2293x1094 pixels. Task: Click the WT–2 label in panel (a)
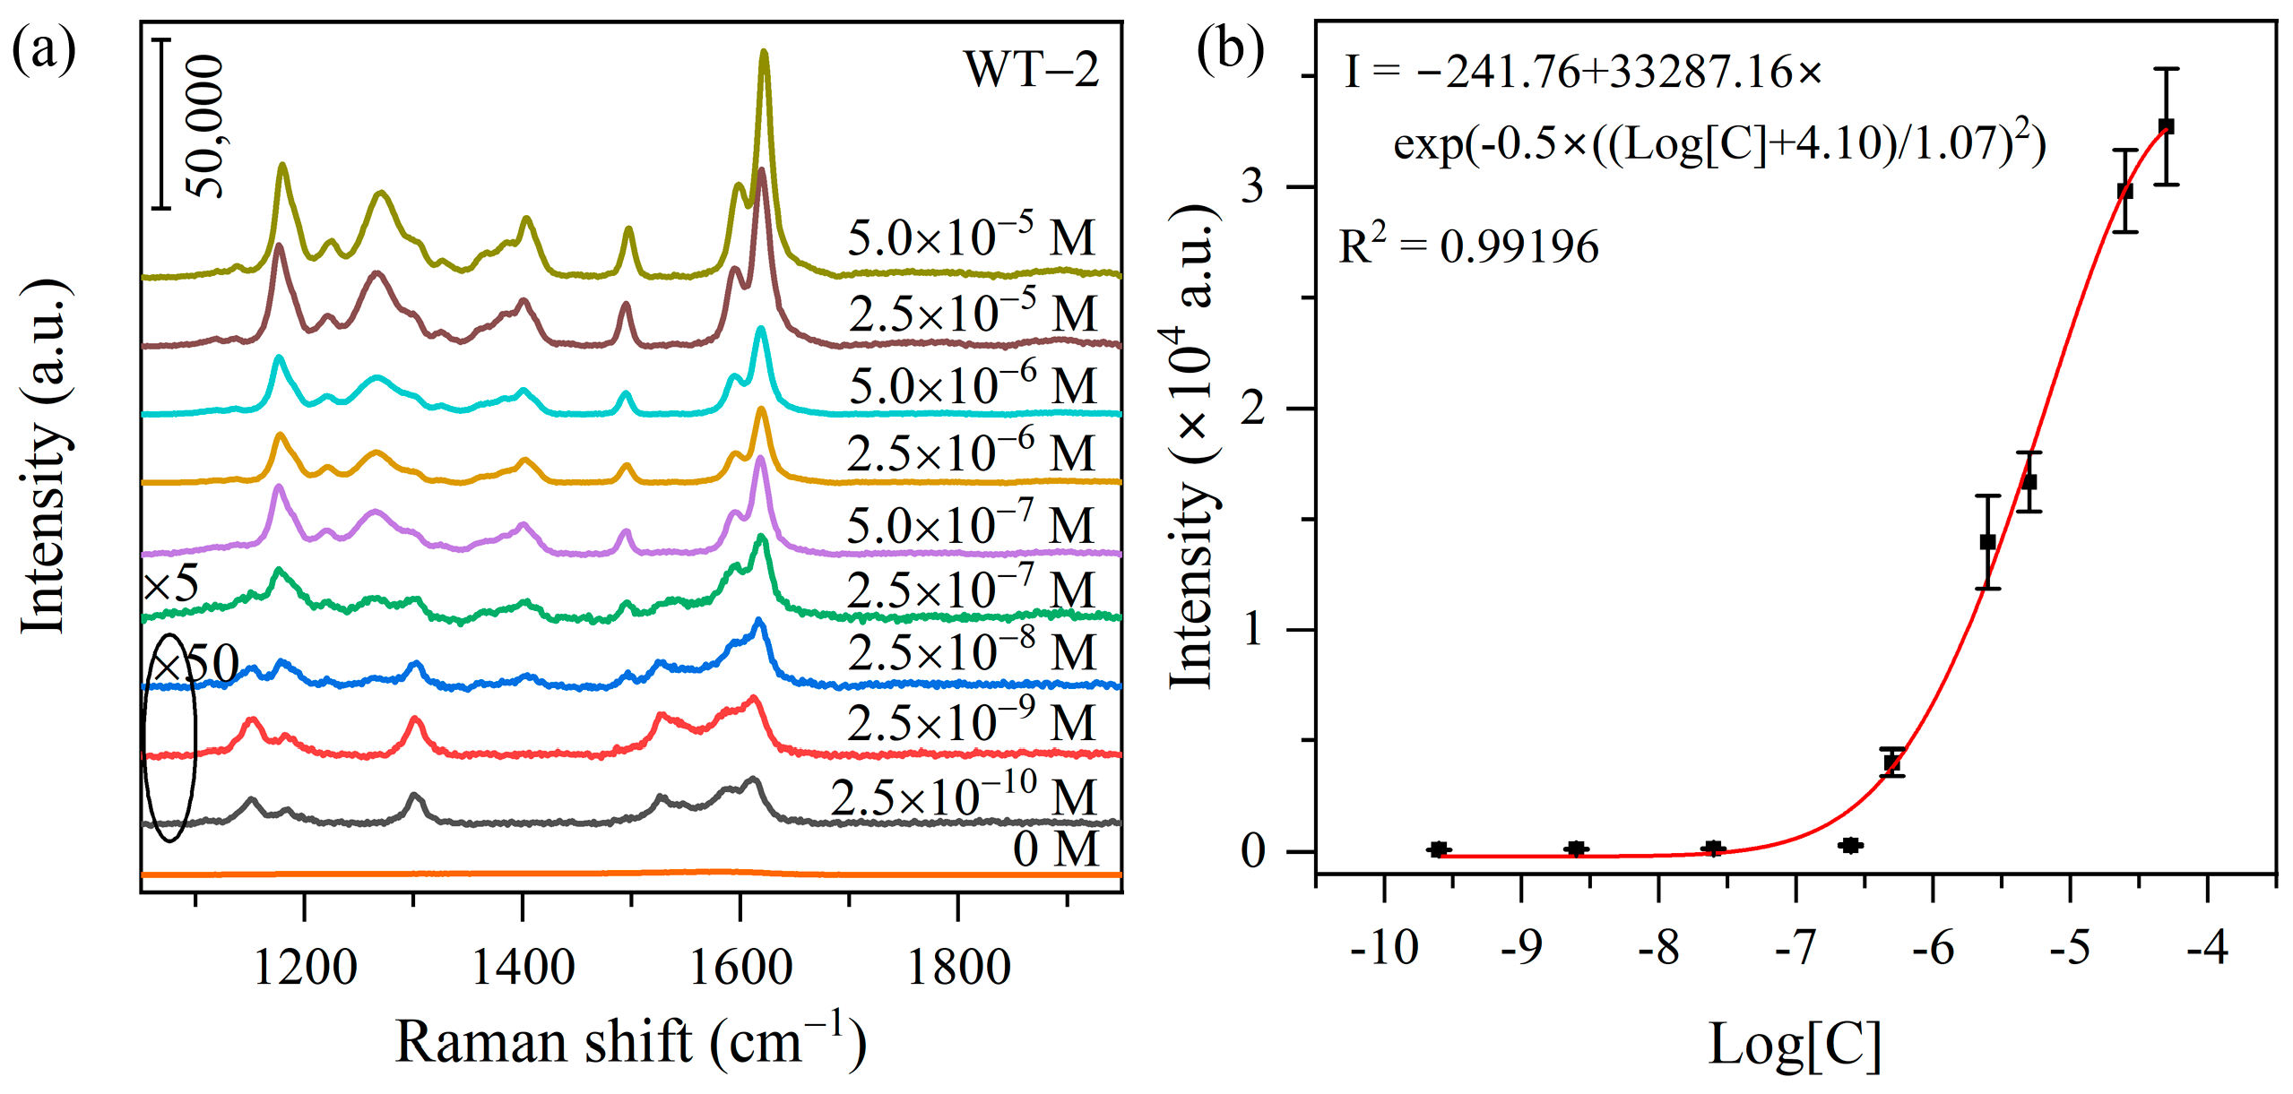(1030, 69)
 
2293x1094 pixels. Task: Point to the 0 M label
(1055, 848)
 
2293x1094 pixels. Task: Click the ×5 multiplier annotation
(171, 584)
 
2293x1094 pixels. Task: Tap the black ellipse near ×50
(169, 737)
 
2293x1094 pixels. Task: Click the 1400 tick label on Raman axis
(523, 968)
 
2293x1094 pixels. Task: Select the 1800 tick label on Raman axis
(958, 968)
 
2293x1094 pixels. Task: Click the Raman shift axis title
(630, 1042)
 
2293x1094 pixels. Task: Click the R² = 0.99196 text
(1468, 246)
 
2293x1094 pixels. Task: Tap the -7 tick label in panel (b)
(1795, 948)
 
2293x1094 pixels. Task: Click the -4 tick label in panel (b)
(2207, 948)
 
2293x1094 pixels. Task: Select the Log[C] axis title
(1795, 1044)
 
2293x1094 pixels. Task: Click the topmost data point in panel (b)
(2167, 126)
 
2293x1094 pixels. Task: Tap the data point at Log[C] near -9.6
(1438, 849)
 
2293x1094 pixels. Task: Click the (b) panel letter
(1230, 49)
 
